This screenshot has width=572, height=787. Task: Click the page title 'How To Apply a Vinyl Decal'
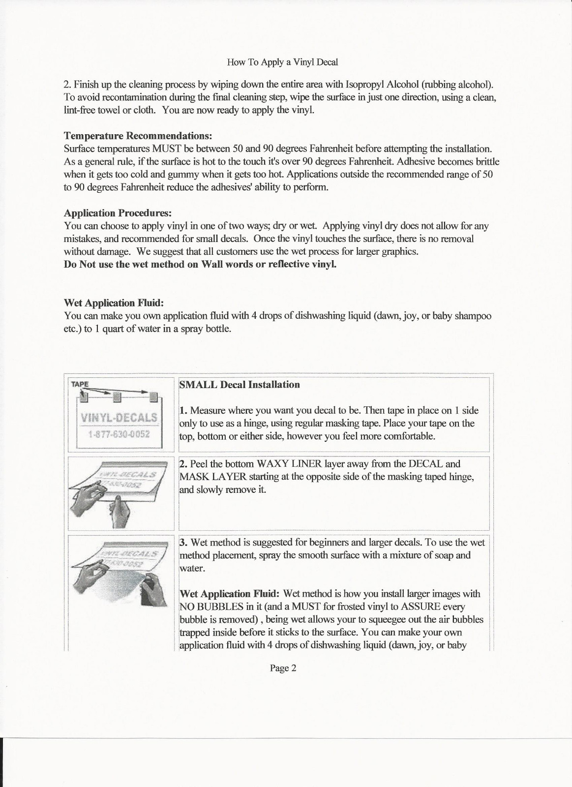282,62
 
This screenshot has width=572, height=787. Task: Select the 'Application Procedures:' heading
118,213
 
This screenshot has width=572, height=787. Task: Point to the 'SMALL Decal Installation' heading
240,385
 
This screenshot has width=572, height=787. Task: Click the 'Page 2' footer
283,668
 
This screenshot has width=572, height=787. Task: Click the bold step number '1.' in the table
183,410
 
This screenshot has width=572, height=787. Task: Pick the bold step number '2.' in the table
183,464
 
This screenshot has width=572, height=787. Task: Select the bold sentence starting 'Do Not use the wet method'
201,264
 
